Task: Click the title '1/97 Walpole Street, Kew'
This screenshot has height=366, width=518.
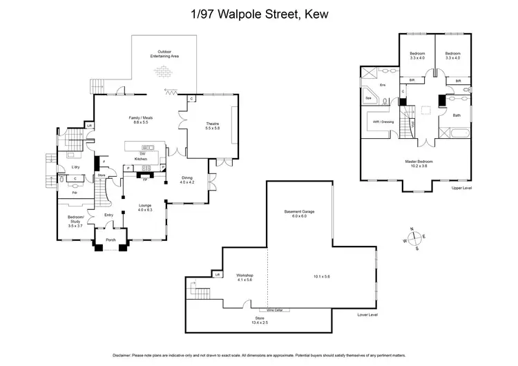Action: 258,12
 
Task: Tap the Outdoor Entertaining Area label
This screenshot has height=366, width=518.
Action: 164,53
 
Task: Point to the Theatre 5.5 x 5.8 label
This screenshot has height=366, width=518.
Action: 212,126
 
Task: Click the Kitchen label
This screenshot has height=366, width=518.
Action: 142,159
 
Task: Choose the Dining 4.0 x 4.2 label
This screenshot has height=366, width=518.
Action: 187,180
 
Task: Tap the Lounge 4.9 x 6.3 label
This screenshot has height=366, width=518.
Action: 145,206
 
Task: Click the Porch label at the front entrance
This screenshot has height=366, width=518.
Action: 110,241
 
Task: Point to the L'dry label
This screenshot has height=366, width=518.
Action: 76,167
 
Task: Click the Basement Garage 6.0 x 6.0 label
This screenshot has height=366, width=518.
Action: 299,213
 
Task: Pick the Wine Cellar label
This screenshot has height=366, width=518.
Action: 274,310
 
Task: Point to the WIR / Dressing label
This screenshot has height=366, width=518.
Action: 384,122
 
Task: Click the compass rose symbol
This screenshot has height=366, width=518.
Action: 414,239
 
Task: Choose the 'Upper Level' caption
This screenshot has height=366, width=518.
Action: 461,188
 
